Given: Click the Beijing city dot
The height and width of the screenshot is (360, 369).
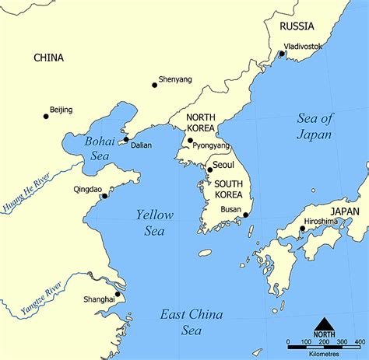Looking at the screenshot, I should [46, 117].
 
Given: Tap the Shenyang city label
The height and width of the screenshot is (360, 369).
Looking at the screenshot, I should [174, 79].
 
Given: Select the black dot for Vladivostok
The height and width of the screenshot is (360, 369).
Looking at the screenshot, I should [282, 54].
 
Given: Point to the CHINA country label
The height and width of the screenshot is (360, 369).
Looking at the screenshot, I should [48, 58].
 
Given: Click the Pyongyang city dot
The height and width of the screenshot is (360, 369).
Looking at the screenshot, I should [190, 141].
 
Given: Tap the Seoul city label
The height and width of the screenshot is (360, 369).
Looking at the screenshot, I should [223, 165].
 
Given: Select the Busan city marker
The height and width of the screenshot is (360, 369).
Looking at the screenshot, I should [246, 215].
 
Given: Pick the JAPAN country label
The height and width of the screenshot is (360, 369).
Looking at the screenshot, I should [345, 211].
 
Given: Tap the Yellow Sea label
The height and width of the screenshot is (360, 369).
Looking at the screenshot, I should [155, 222].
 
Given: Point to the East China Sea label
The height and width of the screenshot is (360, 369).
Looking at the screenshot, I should [192, 322].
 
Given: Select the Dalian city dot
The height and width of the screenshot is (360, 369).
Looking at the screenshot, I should [125, 141].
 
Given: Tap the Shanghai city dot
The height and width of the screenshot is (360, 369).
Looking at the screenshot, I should [118, 294].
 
